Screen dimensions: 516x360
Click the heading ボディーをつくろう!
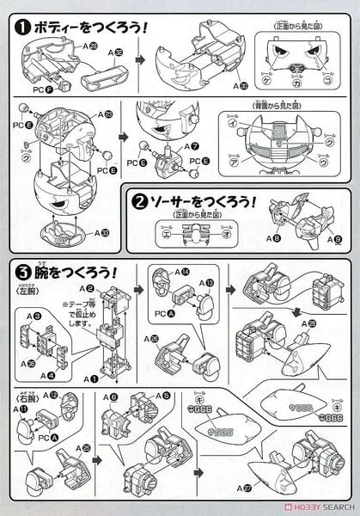[91, 27]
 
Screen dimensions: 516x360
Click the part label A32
[113, 52]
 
